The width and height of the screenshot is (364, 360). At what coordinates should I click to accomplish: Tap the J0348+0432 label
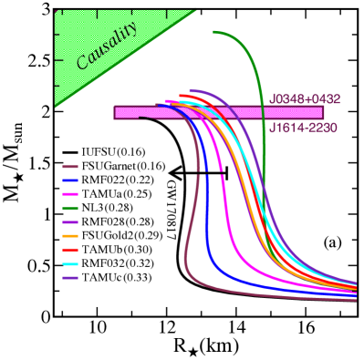(x=304, y=98)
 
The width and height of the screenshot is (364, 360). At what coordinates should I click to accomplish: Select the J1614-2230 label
(x=303, y=128)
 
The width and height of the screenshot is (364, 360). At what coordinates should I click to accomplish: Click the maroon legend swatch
(x=69, y=167)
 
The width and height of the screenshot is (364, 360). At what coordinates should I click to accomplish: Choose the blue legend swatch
(x=69, y=180)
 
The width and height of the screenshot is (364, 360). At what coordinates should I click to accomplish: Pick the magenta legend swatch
(x=69, y=195)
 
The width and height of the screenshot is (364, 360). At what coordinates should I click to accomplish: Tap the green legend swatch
(x=69, y=209)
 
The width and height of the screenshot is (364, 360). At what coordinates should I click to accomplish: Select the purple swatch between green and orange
(x=69, y=222)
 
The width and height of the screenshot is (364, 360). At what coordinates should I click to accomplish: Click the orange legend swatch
(x=69, y=236)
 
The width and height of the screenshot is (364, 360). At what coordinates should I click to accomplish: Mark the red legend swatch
(x=69, y=250)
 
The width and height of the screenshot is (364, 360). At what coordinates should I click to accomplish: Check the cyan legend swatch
(x=69, y=264)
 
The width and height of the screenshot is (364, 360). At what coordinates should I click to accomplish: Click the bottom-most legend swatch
(x=69, y=278)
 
